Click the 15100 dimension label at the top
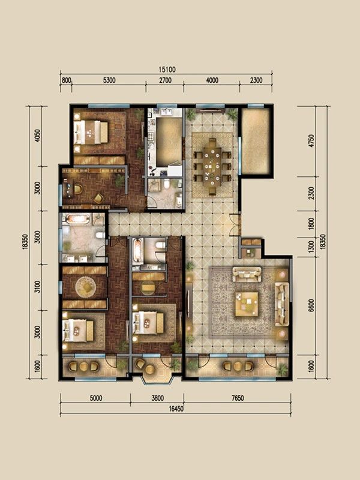[x=167, y=70]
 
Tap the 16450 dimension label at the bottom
[x=176, y=409]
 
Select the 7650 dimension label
[x=237, y=398]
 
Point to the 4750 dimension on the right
[x=311, y=141]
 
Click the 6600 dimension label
[x=311, y=305]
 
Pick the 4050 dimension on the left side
[x=37, y=136]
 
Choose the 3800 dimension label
[x=157, y=398]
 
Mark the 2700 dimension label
[x=164, y=80]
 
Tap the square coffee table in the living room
[x=247, y=304]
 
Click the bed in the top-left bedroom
[x=91, y=132]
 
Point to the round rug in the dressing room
[x=86, y=287]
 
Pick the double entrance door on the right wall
[x=236, y=225]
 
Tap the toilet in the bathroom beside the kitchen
[x=167, y=184]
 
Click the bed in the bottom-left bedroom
[x=78, y=331]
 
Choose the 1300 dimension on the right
[x=311, y=247]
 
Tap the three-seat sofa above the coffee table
[x=247, y=274]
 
